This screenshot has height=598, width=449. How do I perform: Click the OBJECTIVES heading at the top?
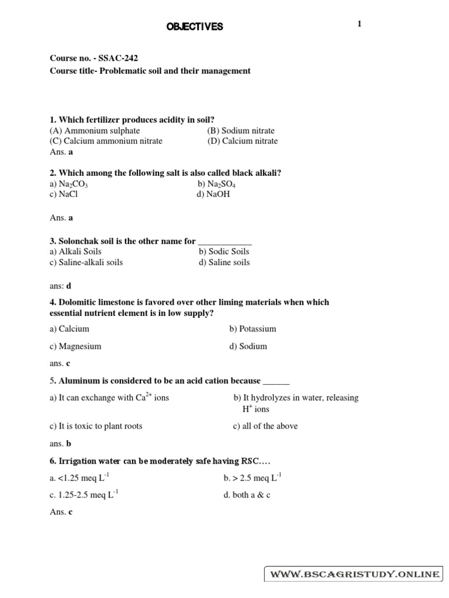tap(196, 27)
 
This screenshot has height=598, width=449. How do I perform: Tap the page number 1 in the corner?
tap(360, 24)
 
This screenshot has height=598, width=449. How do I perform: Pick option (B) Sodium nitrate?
tap(240, 131)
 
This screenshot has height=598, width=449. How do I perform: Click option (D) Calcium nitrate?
tap(242, 141)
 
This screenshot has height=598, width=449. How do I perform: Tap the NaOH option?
tap(214, 194)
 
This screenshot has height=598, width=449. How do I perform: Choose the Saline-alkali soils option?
tap(87, 262)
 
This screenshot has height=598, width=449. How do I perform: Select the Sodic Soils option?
tap(224, 252)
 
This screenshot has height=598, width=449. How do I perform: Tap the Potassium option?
tap(253, 329)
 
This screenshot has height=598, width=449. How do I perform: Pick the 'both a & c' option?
tap(247, 495)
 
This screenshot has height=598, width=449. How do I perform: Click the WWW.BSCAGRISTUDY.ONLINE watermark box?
tap(354, 575)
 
